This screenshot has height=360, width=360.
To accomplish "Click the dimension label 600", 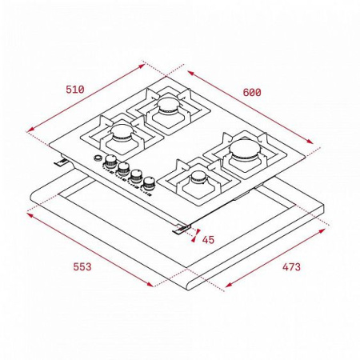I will point(252,93).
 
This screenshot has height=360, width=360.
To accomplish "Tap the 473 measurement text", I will point(290,267).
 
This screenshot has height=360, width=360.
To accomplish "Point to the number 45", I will point(208,240).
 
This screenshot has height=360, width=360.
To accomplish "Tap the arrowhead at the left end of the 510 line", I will point(29,127).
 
